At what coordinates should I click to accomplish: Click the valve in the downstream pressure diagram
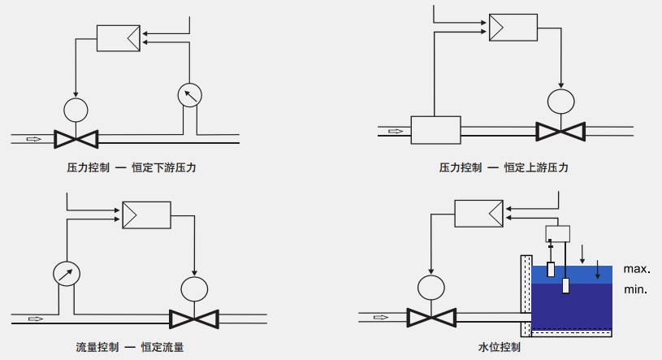(x=76, y=139)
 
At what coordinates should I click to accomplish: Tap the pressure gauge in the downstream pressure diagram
(x=189, y=95)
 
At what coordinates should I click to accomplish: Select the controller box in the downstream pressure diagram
(x=119, y=38)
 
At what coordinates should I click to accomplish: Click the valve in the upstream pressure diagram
(x=560, y=132)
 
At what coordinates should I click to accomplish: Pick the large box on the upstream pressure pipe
(x=435, y=130)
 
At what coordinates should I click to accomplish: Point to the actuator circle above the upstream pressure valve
(x=560, y=102)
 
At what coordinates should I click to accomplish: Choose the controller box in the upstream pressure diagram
(x=513, y=28)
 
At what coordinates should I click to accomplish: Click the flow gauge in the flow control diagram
(x=67, y=274)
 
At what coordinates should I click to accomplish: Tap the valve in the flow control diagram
(x=194, y=319)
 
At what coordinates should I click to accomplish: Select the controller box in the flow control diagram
(x=146, y=215)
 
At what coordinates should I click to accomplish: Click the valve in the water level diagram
(x=431, y=318)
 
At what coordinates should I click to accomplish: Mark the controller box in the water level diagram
(x=478, y=214)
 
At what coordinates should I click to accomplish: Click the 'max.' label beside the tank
(x=637, y=269)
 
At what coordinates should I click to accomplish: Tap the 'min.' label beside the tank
(x=636, y=289)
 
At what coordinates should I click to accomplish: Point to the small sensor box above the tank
(x=558, y=234)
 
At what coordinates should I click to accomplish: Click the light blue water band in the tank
(x=572, y=275)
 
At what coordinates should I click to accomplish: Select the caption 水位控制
(x=500, y=347)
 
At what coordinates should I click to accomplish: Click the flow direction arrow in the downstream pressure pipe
(x=34, y=139)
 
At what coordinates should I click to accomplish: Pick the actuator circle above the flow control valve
(x=194, y=289)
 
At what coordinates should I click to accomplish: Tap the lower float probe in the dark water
(x=565, y=286)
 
